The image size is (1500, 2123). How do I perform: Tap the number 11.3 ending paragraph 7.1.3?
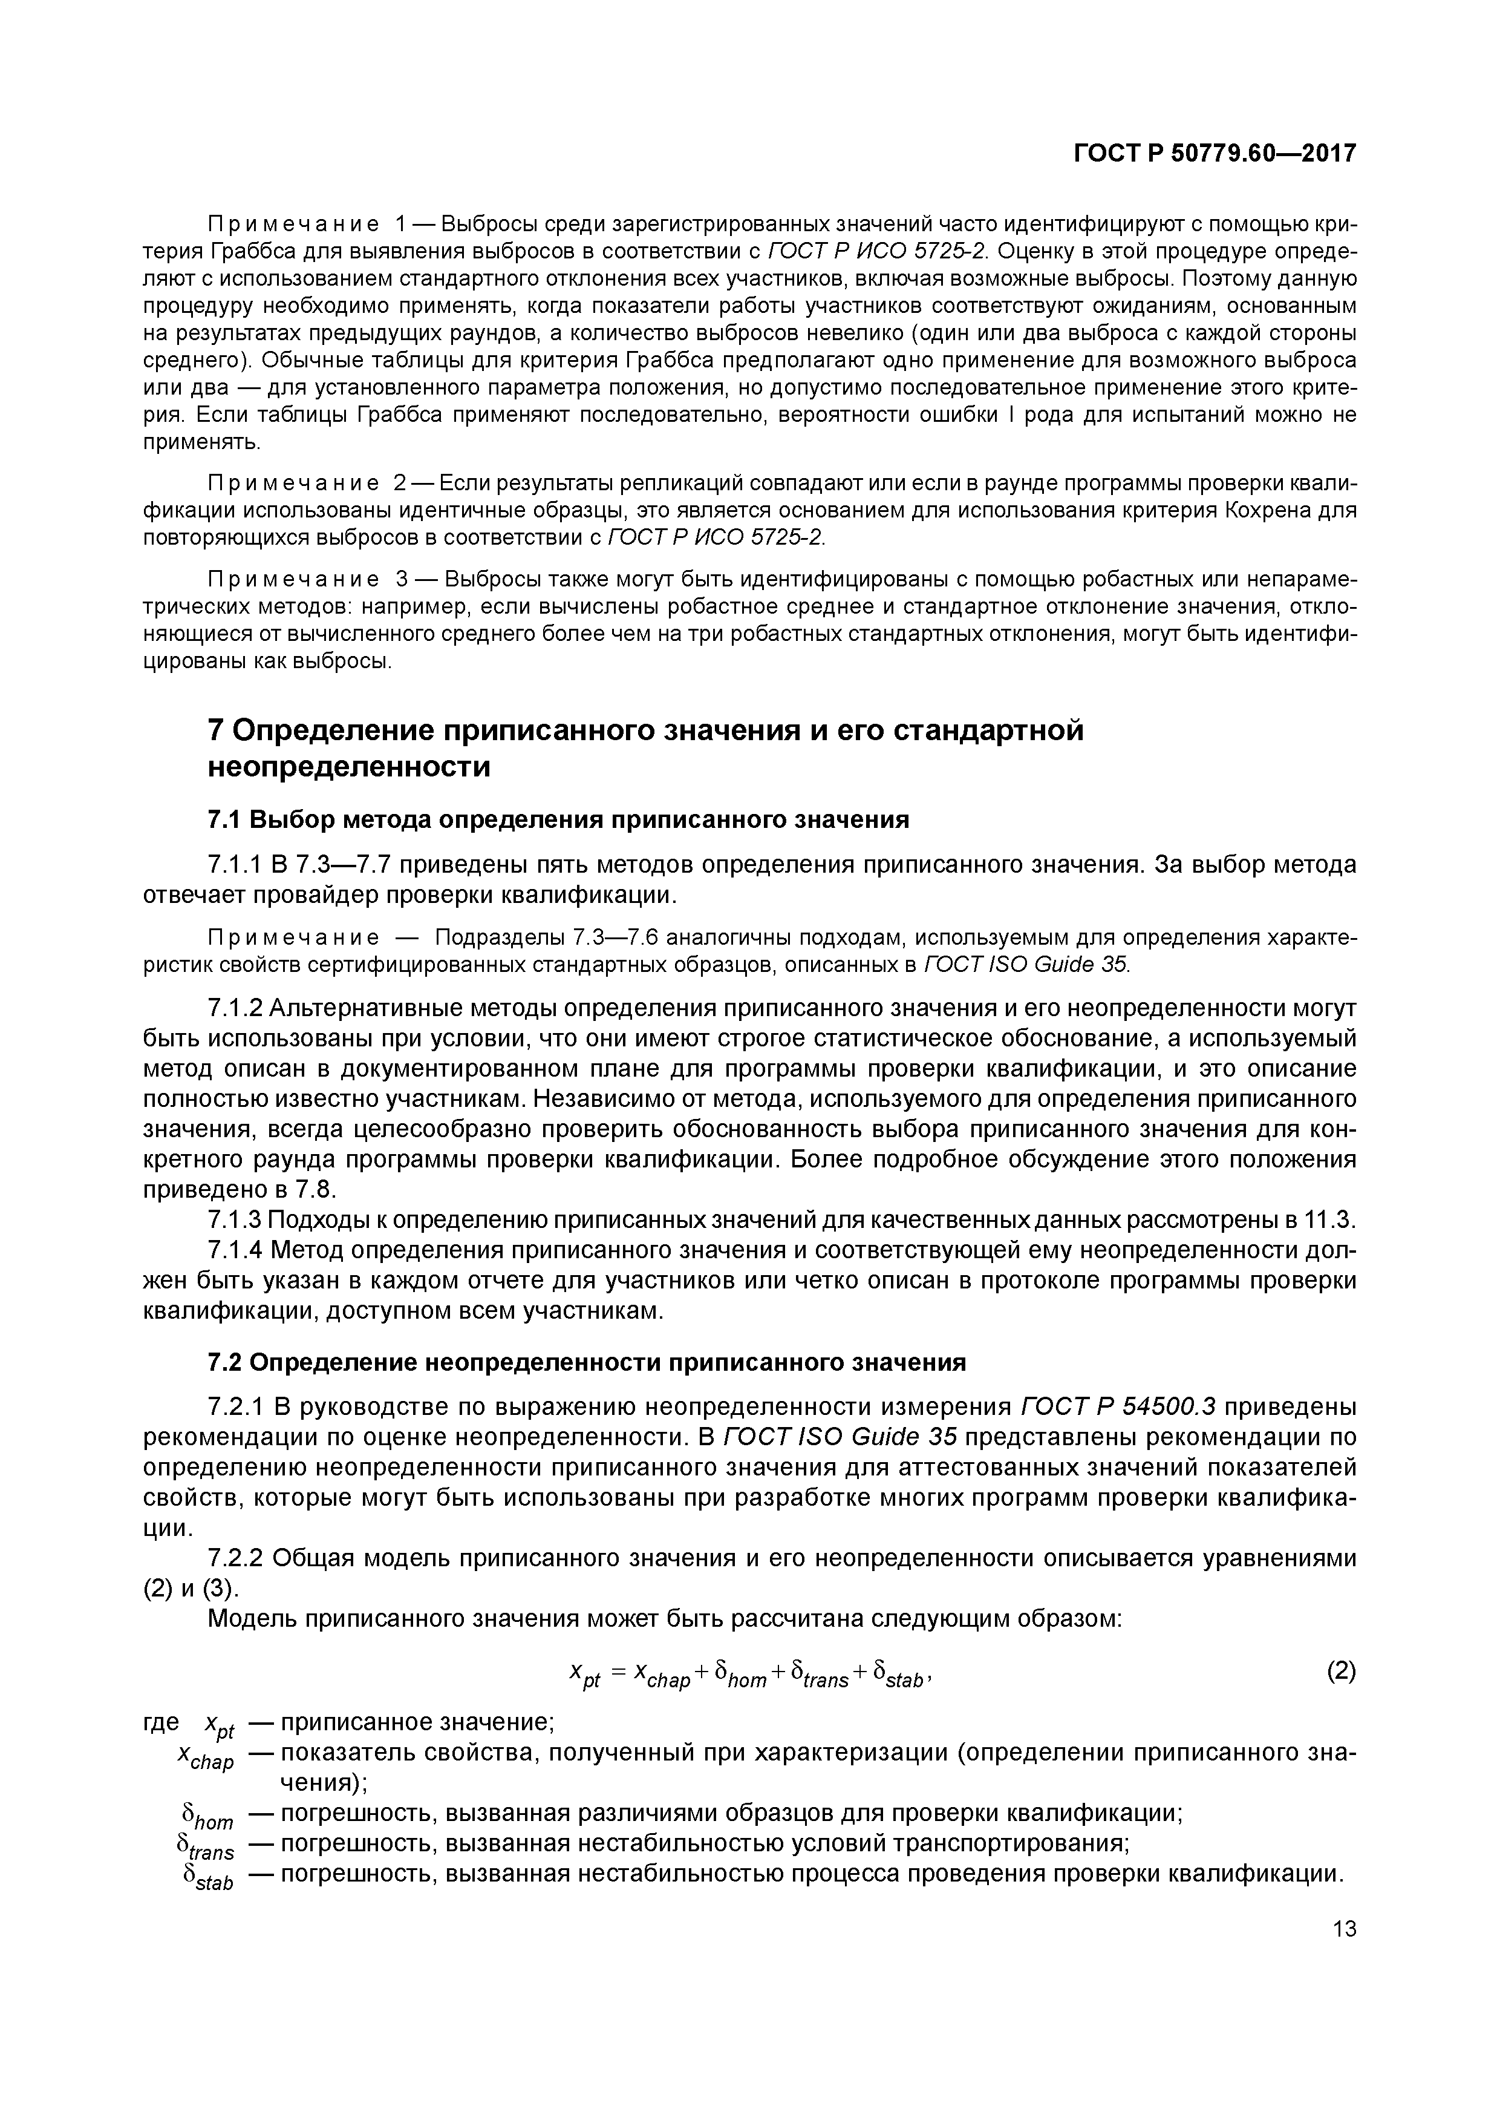pyautogui.click(x=1330, y=1221)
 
